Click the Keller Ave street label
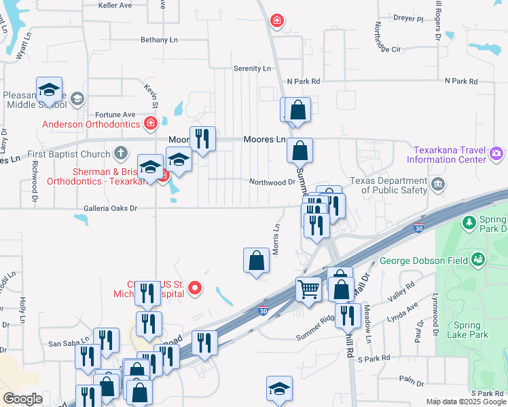115,5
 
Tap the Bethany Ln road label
159,40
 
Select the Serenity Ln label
252,69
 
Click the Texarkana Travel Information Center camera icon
496,154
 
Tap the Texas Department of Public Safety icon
439,184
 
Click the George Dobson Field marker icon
479,259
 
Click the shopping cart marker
308,289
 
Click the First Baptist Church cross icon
121,154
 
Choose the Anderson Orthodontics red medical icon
151,123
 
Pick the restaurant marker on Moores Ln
202,140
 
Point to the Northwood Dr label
272,182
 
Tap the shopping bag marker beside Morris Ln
256,260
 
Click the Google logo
23,399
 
